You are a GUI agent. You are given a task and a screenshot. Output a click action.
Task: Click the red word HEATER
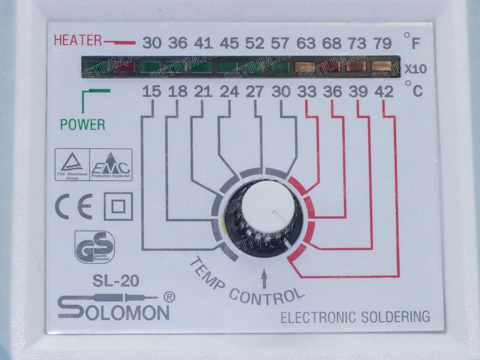tap(78, 40)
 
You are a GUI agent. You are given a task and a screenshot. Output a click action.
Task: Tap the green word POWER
tap(82, 124)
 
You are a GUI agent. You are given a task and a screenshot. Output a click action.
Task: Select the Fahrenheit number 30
tap(152, 43)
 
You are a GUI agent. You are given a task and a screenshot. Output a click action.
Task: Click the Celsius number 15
tap(152, 92)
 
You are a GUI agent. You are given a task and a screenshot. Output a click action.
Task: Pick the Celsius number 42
tap(384, 92)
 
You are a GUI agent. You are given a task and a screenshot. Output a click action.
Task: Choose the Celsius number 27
tap(254, 92)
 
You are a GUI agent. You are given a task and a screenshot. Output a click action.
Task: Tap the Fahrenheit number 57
tap(280, 43)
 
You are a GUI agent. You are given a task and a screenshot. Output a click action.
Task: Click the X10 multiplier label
tap(415, 69)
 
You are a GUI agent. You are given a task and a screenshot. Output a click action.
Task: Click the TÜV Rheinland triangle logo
tap(72, 164)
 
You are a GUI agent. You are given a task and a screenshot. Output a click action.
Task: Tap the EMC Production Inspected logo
tap(110, 164)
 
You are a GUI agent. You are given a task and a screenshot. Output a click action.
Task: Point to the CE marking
tap(74, 206)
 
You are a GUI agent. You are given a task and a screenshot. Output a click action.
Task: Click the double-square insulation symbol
tap(118, 206)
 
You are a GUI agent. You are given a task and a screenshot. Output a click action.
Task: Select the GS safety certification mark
tap(94, 246)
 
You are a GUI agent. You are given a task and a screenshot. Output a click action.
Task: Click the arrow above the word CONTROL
tap(264, 279)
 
